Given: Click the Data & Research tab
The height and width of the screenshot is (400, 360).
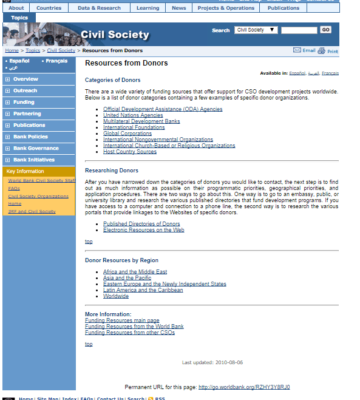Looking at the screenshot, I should point(99,8).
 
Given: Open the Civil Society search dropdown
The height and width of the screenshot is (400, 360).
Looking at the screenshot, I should point(256,30).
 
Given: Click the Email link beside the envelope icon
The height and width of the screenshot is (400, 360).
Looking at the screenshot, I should point(308,51).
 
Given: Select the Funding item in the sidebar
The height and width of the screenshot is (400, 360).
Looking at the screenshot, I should point(24,102).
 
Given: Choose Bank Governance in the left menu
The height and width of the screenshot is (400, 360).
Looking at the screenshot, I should point(36,148).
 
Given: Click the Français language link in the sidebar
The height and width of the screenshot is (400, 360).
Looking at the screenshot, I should point(56,61).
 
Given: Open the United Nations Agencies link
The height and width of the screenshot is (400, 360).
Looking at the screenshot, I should point(133,115).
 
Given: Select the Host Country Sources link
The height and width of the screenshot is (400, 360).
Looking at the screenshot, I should point(130,152).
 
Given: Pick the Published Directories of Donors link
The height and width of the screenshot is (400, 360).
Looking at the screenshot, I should point(141,224).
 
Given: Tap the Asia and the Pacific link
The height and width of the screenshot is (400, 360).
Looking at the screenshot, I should point(127,278).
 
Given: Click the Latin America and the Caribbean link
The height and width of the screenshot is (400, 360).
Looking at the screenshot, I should point(143,290).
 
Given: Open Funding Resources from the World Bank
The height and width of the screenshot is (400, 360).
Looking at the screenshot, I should point(134,327).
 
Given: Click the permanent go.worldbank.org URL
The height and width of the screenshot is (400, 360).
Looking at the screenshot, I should point(243,387).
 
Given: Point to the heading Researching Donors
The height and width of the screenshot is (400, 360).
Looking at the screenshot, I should point(112,171).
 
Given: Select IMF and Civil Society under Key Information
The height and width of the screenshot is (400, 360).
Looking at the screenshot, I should point(32,211).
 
